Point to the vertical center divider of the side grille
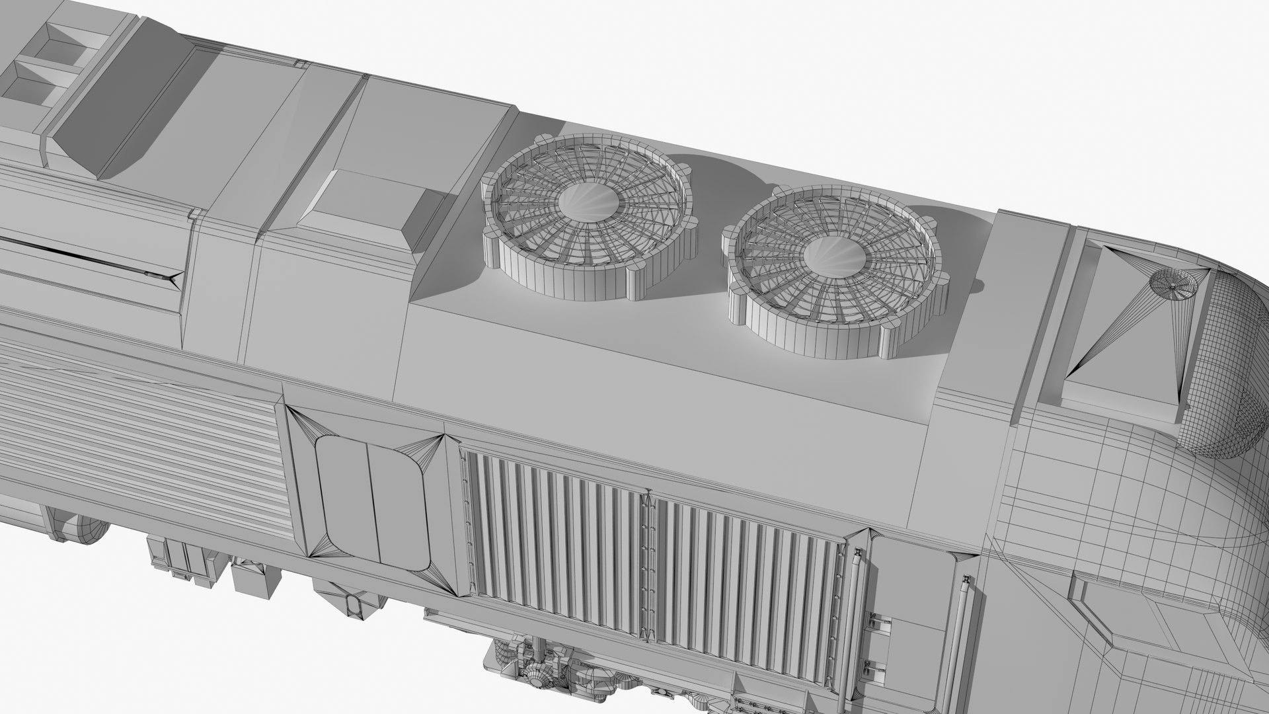tap(646, 569)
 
